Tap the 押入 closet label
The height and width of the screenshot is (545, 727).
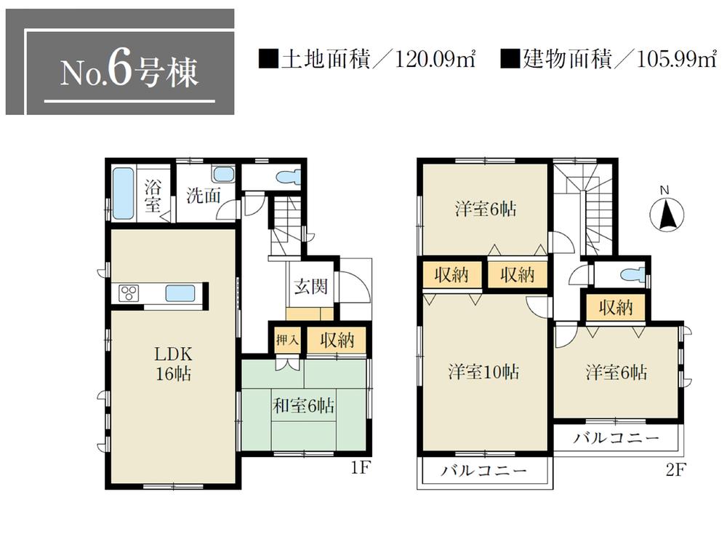click(286, 339)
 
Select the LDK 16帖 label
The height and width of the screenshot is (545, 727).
click(172, 365)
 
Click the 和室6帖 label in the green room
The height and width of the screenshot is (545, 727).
click(303, 405)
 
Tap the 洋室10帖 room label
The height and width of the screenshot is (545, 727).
click(483, 372)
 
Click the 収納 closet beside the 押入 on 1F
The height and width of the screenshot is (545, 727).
click(336, 339)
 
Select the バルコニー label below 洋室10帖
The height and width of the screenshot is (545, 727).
click(483, 471)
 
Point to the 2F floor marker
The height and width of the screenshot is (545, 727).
click(675, 469)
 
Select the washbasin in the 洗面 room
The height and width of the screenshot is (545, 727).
click(224, 175)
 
